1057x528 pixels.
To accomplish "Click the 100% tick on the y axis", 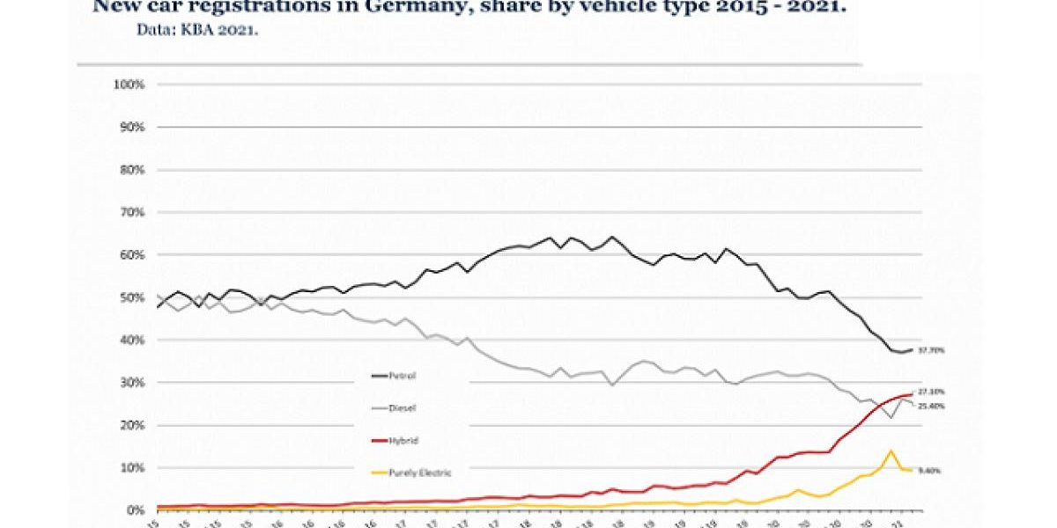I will click(130, 84).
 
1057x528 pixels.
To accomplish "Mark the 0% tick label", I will click(135, 510).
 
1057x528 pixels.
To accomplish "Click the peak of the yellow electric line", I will click(891, 451).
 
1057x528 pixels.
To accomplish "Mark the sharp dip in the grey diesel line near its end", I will click(891, 417).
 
